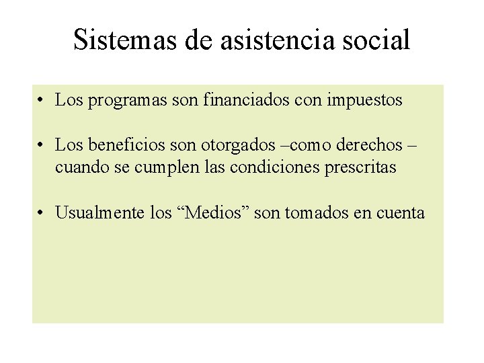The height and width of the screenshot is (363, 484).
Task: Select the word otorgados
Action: pyautogui.click(x=241, y=145)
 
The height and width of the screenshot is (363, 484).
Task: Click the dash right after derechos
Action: pyautogui.click(x=411, y=145)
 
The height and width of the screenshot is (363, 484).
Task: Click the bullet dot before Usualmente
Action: pyautogui.click(x=42, y=214)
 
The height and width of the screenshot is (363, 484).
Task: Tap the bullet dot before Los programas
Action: pyautogui.click(x=42, y=102)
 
